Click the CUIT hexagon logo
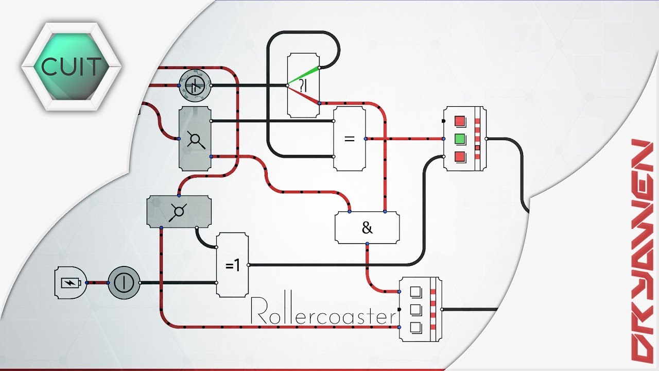click(x=71, y=66)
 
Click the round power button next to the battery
click(x=124, y=282)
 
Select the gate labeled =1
click(x=233, y=265)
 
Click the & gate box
click(x=367, y=228)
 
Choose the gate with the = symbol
click(x=350, y=139)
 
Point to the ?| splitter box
click(x=303, y=85)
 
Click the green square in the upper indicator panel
click(x=460, y=139)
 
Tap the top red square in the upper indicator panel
click(x=460, y=122)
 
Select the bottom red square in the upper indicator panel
click(x=460, y=157)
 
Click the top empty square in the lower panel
click(x=415, y=292)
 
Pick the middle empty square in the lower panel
click(x=415, y=309)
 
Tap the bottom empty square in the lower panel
click(x=415, y=327)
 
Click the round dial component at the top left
click(x=195, y=86)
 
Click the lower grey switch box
click(x=179, y=211)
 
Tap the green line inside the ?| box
click(x=304, y=76)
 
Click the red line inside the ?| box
click(x=304, y=95)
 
